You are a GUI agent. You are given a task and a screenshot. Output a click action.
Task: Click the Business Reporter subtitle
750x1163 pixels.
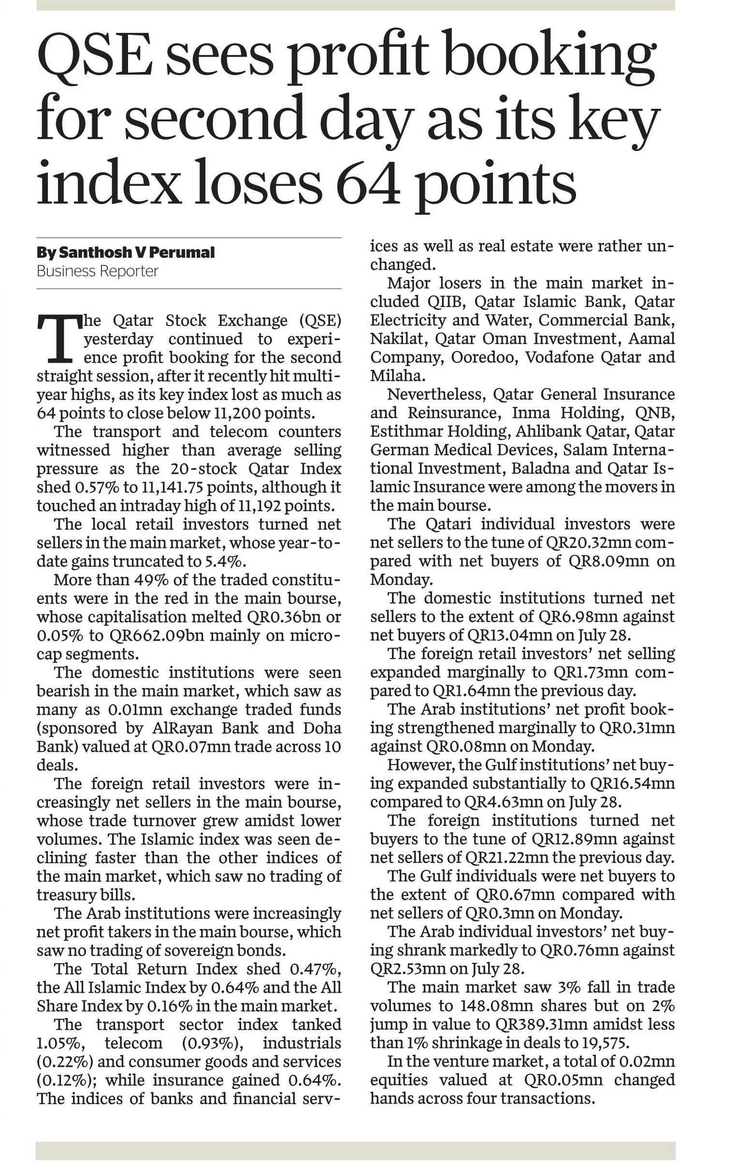(x=98, y=271)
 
